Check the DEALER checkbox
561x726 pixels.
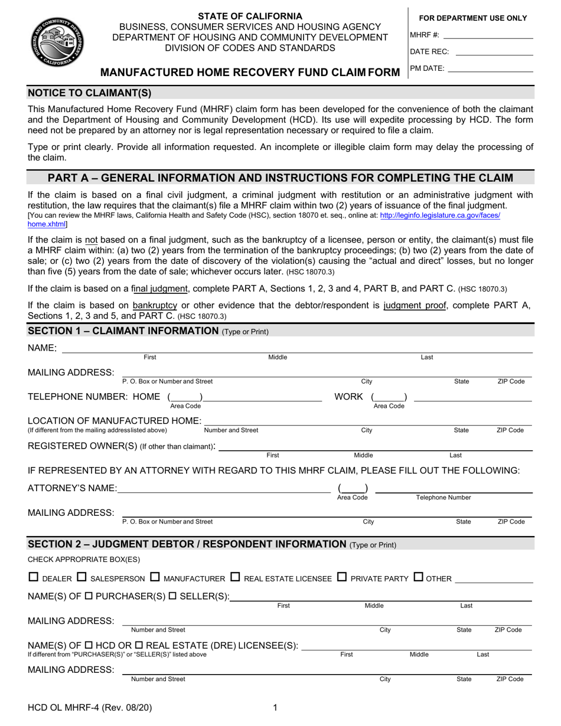pos(34,577)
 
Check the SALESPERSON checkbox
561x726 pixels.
pos(81,577)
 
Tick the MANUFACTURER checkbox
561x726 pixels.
pos(155,577)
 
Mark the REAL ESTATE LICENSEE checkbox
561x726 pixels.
pos(235,577)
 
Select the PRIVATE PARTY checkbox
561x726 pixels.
pos(342,577)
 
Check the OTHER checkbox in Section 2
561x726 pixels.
pos(418,577)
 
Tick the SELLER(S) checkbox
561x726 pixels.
pos(172,597)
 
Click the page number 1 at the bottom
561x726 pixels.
pos(275,708)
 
